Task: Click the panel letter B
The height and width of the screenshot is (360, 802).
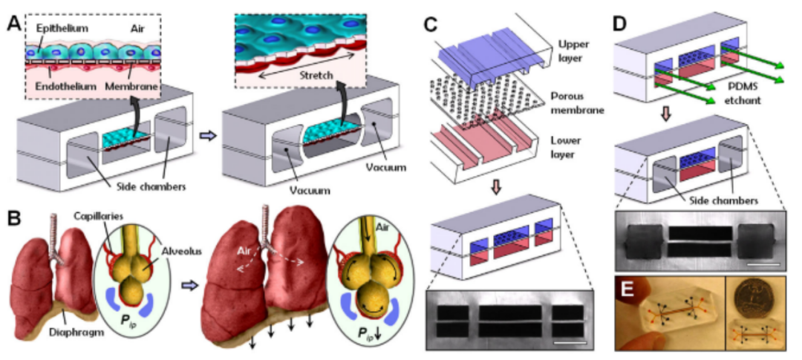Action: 13,219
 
